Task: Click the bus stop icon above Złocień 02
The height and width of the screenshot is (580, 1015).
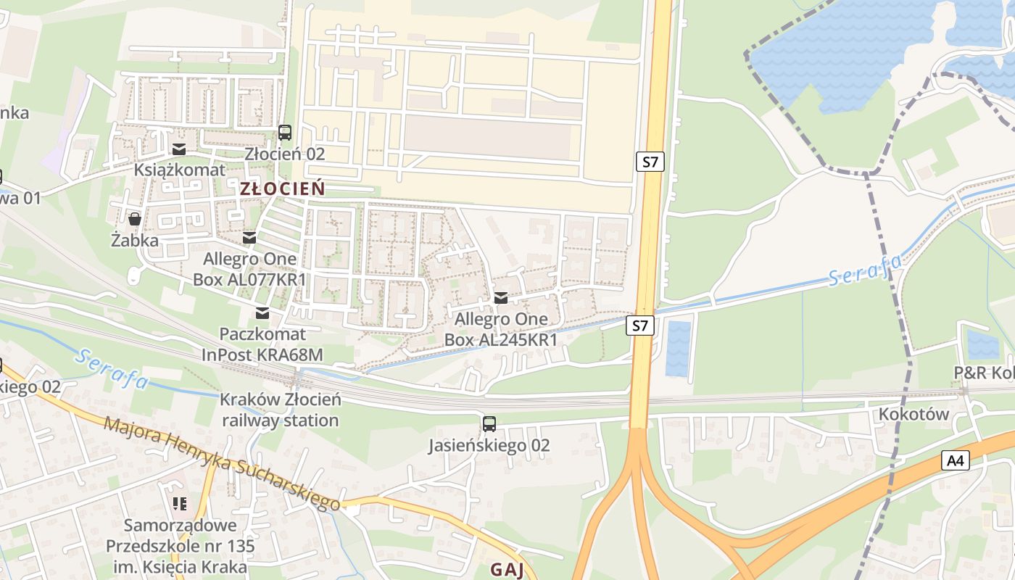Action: (285, 133)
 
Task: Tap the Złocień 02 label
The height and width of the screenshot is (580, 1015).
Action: (285, 154)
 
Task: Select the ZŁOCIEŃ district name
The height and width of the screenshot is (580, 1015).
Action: (282, 188)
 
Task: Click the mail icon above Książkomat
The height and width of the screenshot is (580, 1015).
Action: (179, 149)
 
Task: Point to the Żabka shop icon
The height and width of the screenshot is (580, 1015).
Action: (134, 218)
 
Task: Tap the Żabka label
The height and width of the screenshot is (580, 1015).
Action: (135, 240)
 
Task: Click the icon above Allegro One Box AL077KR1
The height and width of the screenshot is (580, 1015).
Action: (249, 238)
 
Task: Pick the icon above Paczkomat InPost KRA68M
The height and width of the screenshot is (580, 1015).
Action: (262, 313)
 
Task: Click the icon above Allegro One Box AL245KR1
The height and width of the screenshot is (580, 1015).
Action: (500, 297)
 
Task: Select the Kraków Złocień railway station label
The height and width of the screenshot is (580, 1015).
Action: (281, 410)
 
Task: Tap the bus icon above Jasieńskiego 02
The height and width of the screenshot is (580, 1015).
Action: (489, 423)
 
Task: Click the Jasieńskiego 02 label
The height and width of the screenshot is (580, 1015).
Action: (489, 444)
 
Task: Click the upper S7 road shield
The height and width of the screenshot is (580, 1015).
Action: (650, 162)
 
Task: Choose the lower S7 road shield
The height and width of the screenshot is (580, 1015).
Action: (639, 326)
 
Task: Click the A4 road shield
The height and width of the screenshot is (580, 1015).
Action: (956, 460)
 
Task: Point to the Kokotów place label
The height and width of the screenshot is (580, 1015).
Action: (913, 415)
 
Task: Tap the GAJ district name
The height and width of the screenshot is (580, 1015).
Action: (507, 569)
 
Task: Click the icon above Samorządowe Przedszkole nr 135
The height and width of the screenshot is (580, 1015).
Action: (180, 502)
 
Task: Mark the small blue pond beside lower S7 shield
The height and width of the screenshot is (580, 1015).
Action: (679, 349)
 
